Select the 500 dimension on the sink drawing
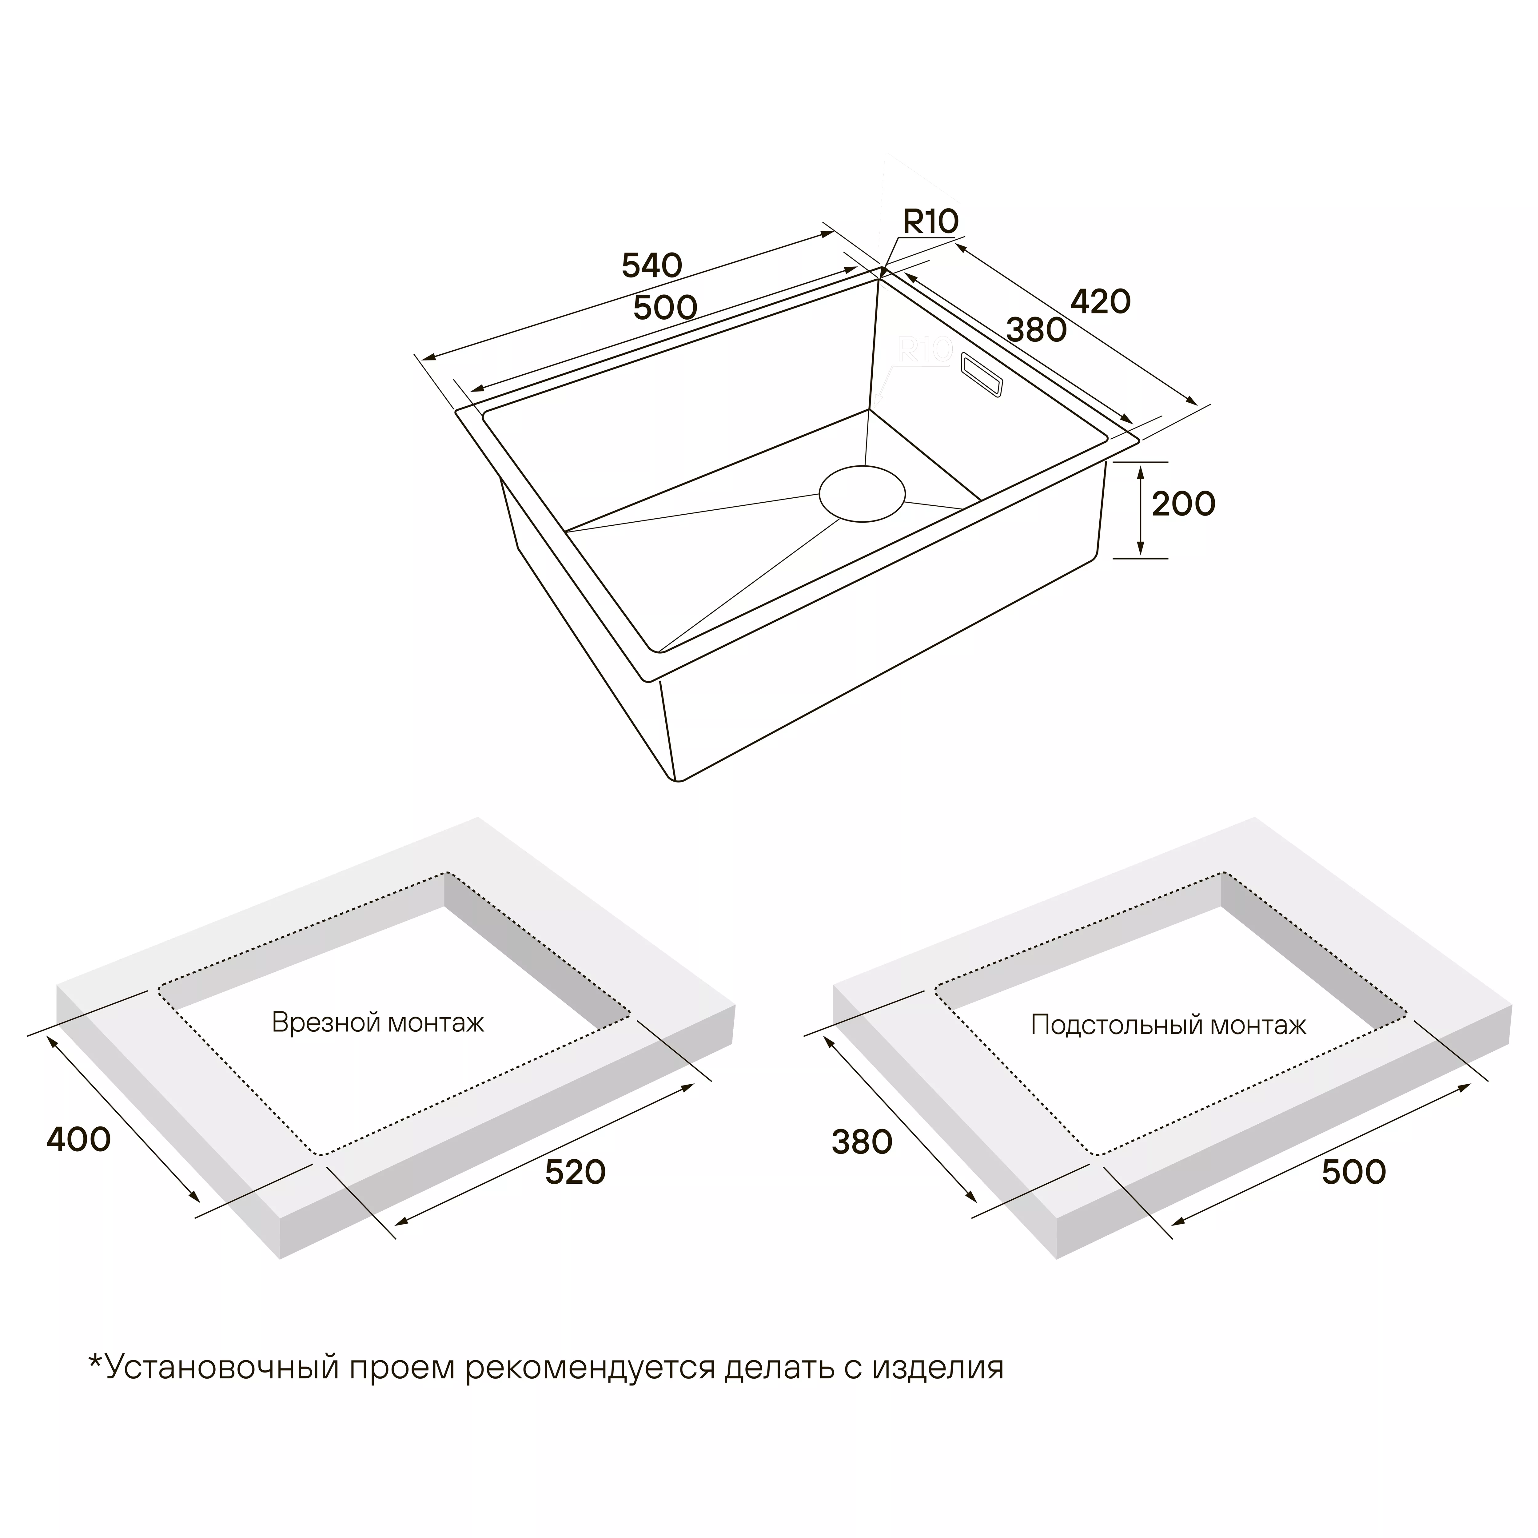click(666, 307)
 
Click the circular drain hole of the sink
click(862, 494)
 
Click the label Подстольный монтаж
click(1169, 1025)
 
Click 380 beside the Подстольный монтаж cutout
click(862, 1142)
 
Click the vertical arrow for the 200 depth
click(1141, 510)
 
